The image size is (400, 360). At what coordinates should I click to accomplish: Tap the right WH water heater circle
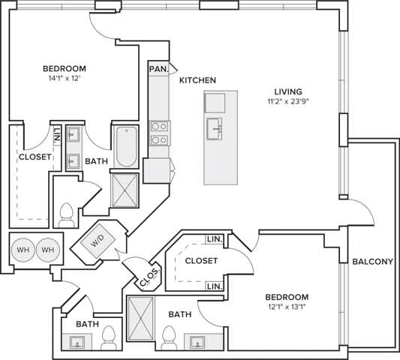[47, 250]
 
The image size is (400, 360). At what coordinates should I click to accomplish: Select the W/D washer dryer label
[98, 242]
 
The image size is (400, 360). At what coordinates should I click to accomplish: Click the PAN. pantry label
[158, 69]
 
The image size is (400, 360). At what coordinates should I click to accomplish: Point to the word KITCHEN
[198, 79]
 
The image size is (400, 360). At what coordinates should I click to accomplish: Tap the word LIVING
[292, 88]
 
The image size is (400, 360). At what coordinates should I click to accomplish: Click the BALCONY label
[373, 262]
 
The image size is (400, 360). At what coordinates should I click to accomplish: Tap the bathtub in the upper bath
[125, 145]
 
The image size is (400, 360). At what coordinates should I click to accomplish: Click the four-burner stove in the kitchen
[158, 133]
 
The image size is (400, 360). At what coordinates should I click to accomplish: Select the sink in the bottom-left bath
[77, 343]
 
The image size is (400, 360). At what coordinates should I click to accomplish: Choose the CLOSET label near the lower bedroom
[200, 260]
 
